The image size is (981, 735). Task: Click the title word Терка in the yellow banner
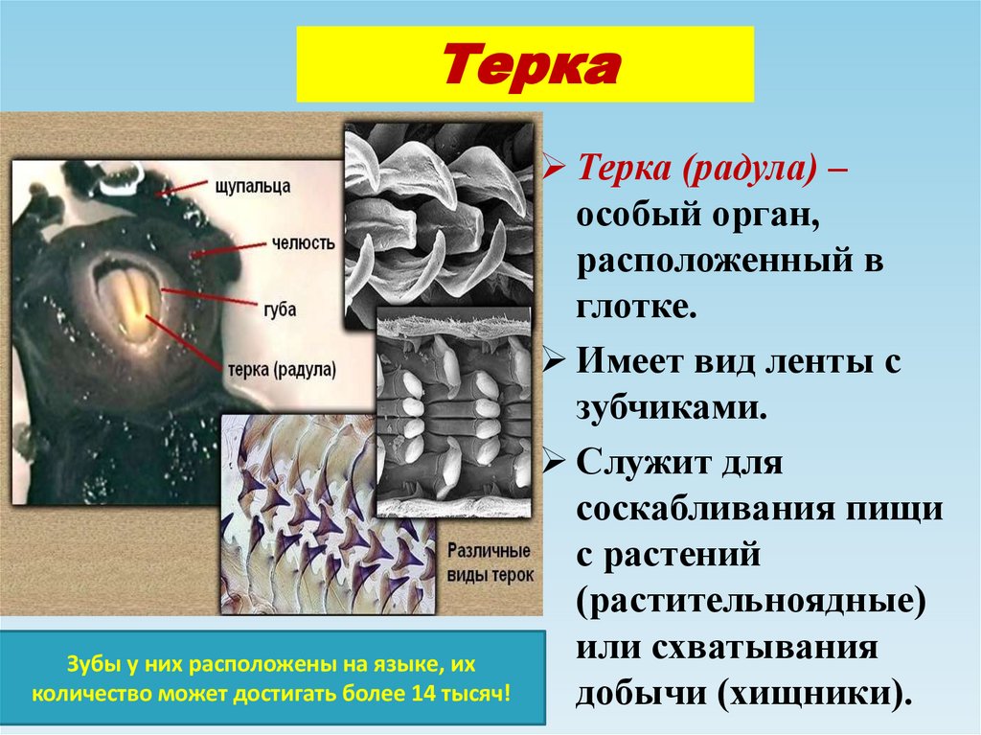524,66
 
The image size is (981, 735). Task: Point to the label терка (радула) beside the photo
284,368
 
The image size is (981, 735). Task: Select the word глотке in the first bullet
631,305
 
